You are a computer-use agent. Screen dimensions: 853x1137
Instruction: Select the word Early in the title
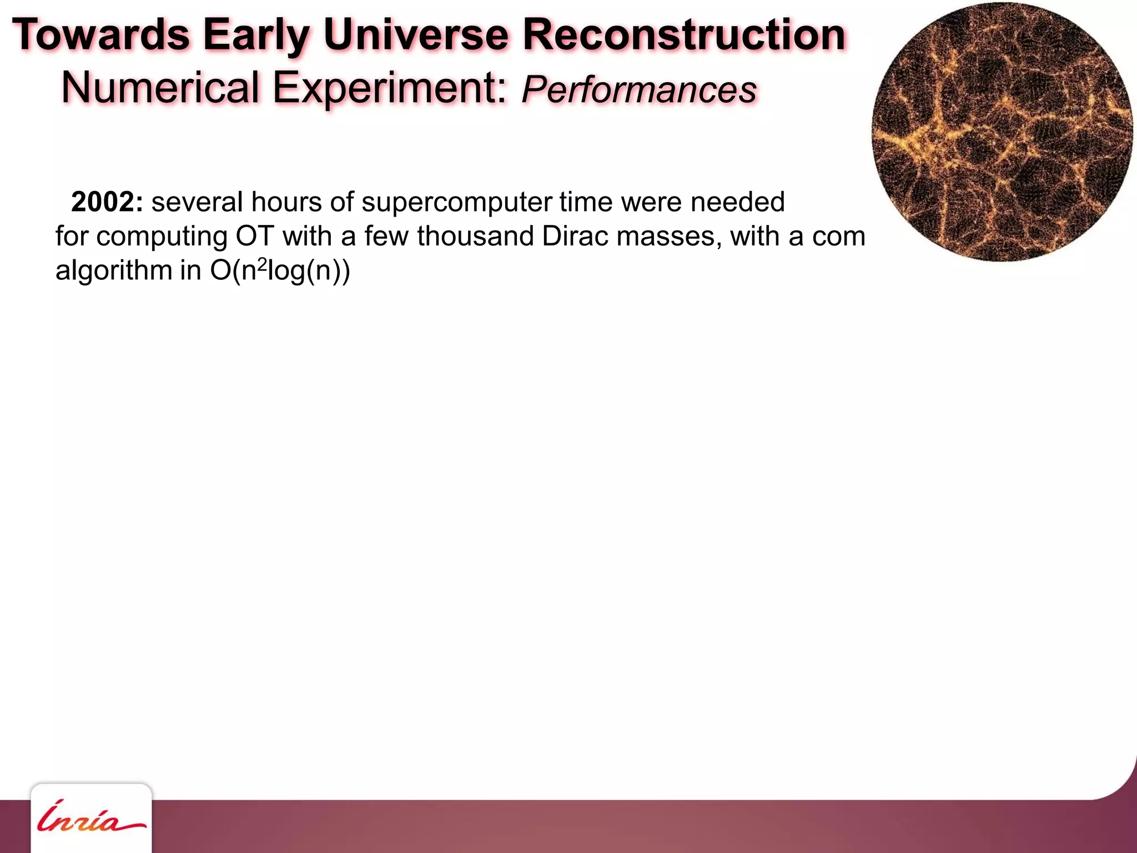255,35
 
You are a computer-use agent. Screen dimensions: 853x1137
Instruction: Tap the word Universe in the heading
416,35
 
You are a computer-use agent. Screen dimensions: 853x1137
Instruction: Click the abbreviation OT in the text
255,236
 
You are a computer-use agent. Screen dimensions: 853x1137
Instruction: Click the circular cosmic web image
1002,132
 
